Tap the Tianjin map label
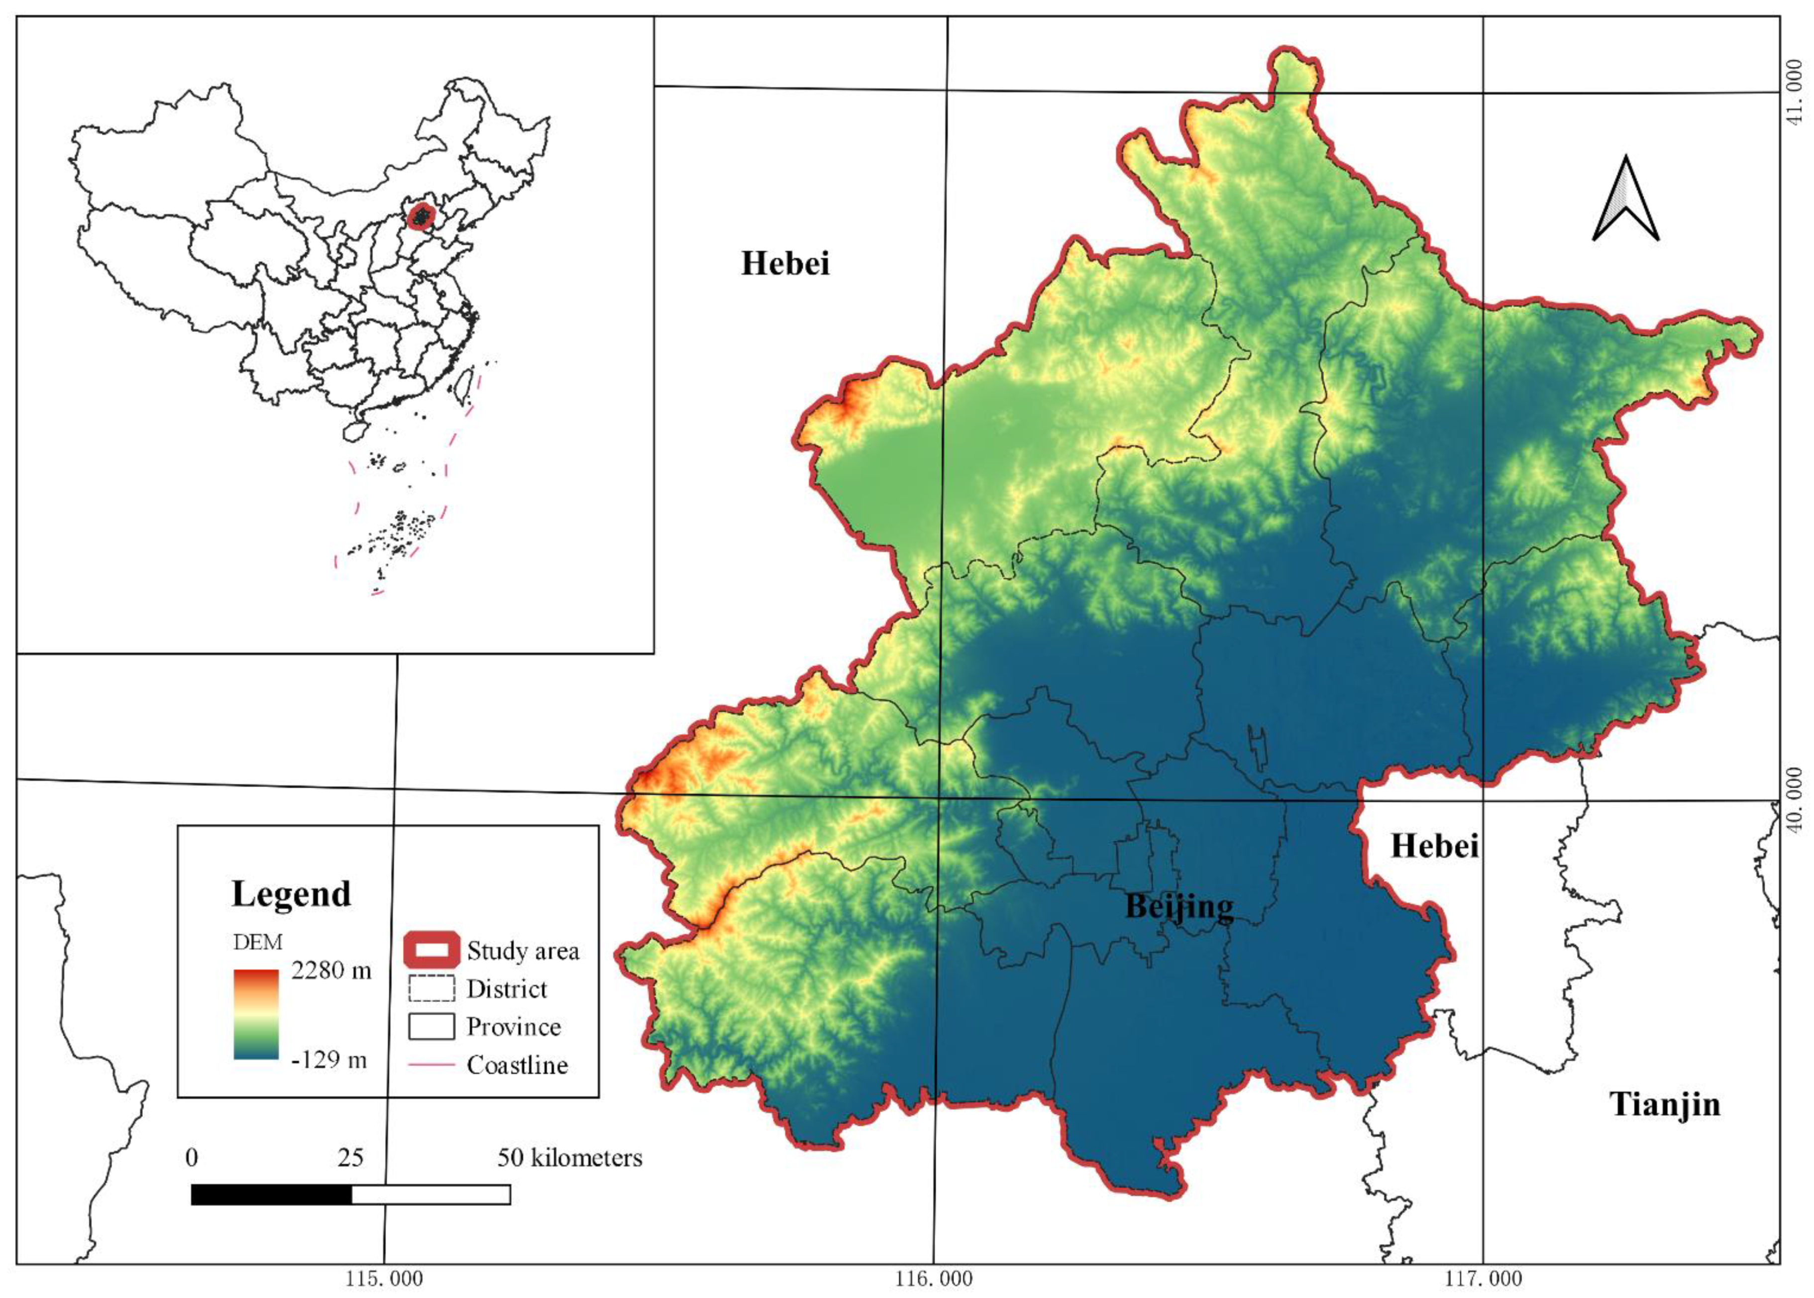1663,1104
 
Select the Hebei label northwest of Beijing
785,263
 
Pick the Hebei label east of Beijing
1434,846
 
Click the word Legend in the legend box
291,893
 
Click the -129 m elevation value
328,1060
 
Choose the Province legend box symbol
431,1026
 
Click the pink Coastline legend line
431,1065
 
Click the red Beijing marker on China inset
421,216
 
